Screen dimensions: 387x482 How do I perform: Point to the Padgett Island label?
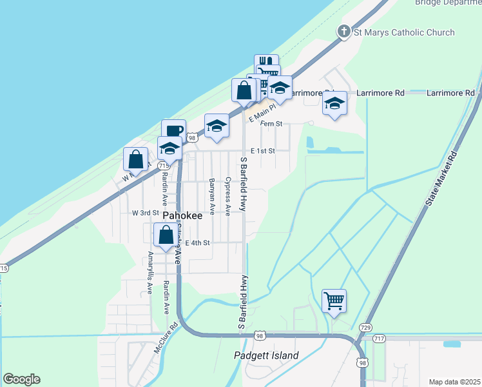pos(266,355)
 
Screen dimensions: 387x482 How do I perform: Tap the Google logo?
pos(21,379)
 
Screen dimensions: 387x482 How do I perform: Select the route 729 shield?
pos(365,327)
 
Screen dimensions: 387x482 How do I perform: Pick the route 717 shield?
pos(378,339)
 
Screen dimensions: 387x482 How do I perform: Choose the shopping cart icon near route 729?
pos(334,301)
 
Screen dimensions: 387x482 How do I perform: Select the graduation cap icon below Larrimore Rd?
pos(334,103)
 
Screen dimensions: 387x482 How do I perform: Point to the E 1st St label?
pos(262,151)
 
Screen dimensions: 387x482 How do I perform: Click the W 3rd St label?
pos(145,212)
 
